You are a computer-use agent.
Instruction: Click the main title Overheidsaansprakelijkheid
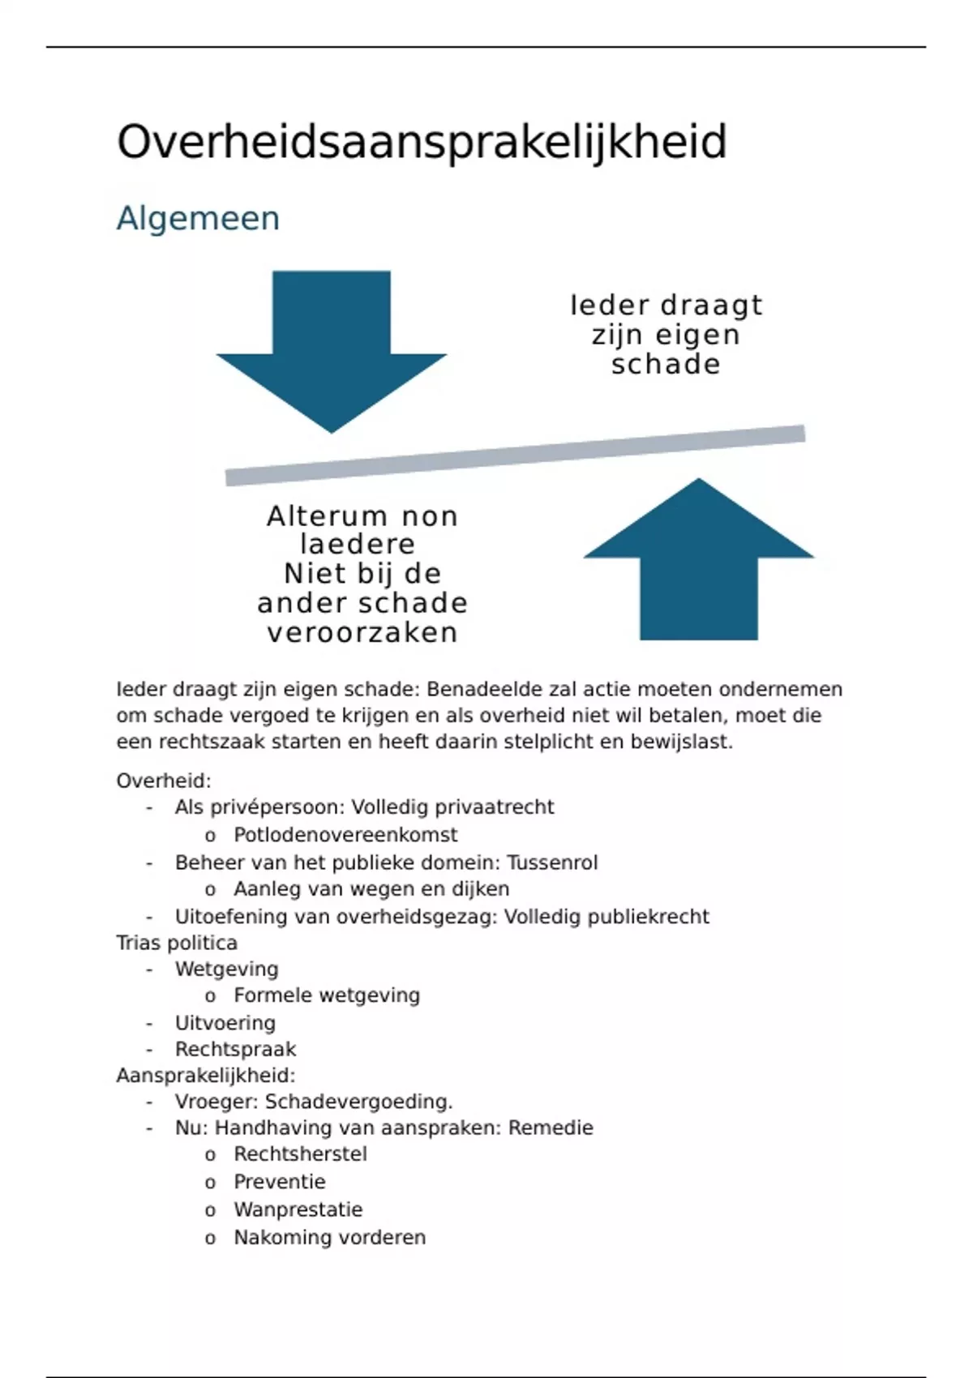[x=422, y=143]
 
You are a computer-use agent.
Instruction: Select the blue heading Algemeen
[x=198, y=219]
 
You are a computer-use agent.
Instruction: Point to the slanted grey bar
[x=515, y=455]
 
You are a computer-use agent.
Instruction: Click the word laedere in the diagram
[x=358, y=544]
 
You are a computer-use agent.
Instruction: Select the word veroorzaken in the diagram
[x=362, y=632]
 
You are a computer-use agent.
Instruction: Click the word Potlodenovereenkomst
[x=345, y=835]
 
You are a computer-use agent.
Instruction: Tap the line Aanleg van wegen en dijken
[x=371, y=889]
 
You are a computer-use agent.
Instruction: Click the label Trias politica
[x=177, y=943]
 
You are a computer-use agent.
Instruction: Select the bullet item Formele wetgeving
[x=327, y=995]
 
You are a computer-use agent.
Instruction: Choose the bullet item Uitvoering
[x=225, y=1023]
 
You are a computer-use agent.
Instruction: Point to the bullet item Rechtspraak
[x=235, y=1049]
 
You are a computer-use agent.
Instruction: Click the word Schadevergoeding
[x=358, y=1102]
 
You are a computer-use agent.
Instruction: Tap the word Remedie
[x=551, y=1128]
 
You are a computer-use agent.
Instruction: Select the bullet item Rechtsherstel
[x=300, y=1154]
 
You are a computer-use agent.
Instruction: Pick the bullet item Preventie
[x=280, y=1182]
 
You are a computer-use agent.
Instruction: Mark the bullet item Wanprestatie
[x=298, y=1209]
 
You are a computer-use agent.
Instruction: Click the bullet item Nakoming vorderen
[x=329, y=1238]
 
